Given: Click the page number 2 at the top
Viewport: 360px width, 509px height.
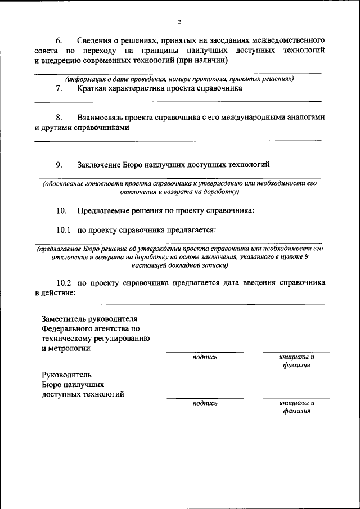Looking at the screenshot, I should point(179,22).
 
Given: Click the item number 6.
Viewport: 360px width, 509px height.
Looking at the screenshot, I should point(58,41).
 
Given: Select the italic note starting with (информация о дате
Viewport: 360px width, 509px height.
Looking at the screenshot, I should point(179,79).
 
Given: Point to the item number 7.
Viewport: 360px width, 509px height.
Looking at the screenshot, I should point(58,88).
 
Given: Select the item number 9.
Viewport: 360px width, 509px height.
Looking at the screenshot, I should point(58,164).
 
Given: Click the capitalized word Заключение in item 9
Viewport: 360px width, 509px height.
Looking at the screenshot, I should point(99,164).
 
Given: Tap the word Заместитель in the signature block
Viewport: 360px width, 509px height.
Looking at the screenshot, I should point(66,319).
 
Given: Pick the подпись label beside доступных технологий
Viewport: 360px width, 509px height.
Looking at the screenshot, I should point(205,403).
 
